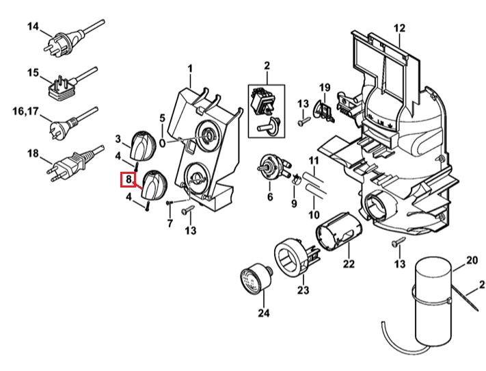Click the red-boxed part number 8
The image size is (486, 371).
[x=128, y=179]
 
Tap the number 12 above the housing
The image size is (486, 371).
[x=399, y=28]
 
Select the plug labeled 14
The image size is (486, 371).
[x=74, y=38]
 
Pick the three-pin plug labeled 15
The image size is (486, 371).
[x=72, y=82]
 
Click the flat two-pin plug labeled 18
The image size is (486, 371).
[x=75, y=164]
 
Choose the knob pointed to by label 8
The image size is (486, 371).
[x=154, y=184]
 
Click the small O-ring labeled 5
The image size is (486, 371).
[x=163, y=143]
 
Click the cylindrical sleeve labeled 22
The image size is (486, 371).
[x=339, y=231]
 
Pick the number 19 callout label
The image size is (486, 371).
[x=325, y=88]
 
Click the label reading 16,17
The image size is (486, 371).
[x=26, y=111]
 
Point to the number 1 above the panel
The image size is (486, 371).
[x=190, y=68]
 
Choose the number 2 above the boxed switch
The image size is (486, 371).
[x=267, y=66]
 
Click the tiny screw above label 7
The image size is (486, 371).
[x=169, y=203]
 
